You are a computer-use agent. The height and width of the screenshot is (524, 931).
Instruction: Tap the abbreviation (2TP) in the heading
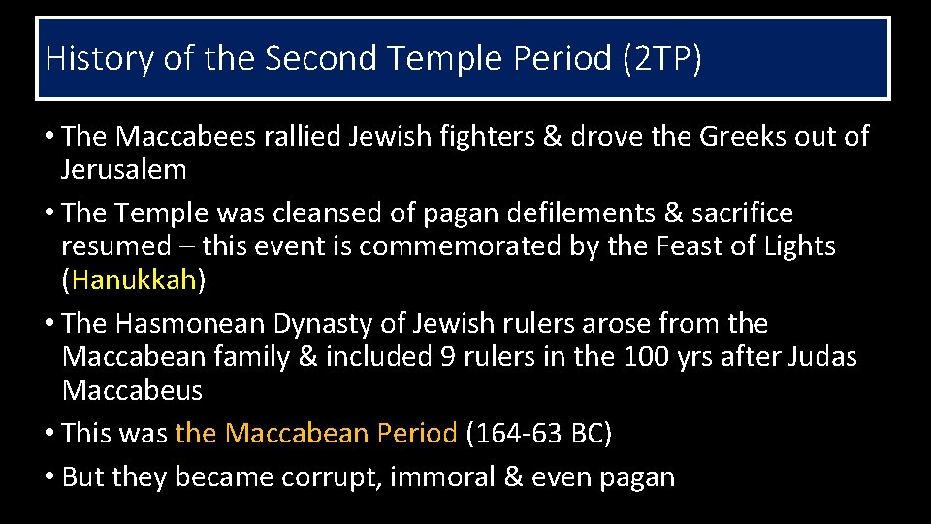(x=658, y=58)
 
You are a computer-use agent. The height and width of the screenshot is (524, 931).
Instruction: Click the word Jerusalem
(x=123, y=170)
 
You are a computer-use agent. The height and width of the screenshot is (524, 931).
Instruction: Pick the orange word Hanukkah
(x=134, y=280)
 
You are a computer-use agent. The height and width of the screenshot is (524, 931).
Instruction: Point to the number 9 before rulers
(x=448, y=357)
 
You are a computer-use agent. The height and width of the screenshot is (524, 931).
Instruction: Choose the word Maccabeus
(x=132, y=391)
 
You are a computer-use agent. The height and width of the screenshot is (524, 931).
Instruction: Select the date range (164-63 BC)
(x=539, y=433)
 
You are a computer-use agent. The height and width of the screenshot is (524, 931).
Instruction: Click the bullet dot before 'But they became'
(x=49, y=477)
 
